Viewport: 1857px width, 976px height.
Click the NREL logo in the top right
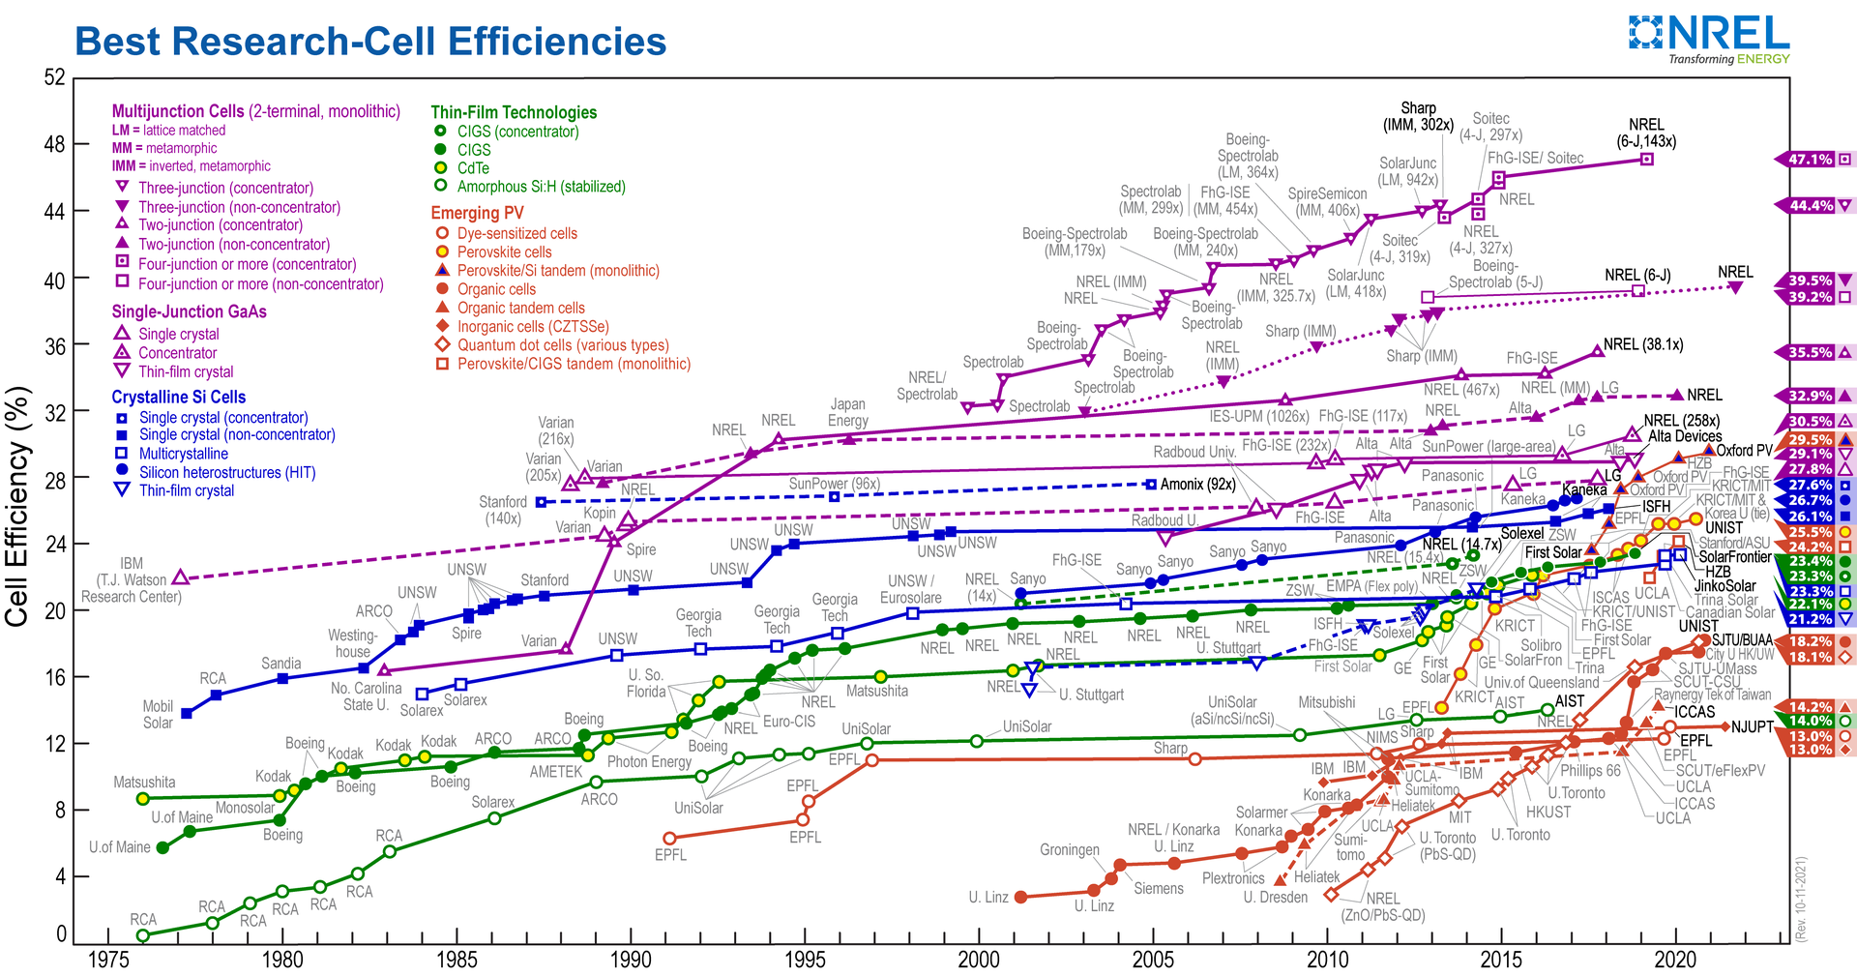click(x=1709, y=38)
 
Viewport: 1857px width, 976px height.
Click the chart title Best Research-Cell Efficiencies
click(x=370, y=42)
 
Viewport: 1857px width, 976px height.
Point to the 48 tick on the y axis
click(x=54, y=145)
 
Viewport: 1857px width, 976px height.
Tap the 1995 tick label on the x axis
click(x=805, y=959)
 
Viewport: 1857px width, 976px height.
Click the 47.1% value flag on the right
click(x=1810, y=160)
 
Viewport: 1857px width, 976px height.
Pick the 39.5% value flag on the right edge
click(x=1810, y=281)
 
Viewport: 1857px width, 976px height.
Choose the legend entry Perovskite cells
click(x=504, y=252)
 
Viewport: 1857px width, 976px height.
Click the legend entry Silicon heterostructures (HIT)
click(x=226, y=473)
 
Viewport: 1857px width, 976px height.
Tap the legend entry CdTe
click(x=473, y=168)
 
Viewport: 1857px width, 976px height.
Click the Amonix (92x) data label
click(x=1197, y=484)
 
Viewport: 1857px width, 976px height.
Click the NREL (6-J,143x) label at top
click(x=1646, y=133)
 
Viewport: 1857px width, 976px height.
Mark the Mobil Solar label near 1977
click(x=158, y=714)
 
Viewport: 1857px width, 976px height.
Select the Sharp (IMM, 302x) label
click(x=1418, y=116)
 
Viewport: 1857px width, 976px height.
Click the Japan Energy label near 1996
click(x=847, y=412)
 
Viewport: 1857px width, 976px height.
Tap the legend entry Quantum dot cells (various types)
click(x=563, y=345)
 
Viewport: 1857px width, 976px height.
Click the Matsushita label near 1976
click(x=144, y=782)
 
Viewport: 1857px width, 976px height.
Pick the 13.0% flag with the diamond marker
click(x=1810, y=750)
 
